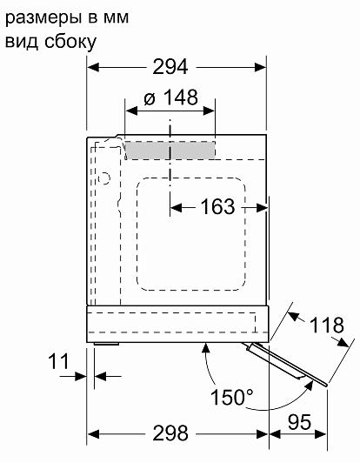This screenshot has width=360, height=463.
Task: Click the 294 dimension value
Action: coord(170,67)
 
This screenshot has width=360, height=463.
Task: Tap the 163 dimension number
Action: coord(217,206)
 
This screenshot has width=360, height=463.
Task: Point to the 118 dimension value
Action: coord(327,325)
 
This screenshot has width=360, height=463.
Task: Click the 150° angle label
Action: coord(231,397)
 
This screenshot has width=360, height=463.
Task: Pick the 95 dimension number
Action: coord(299,422)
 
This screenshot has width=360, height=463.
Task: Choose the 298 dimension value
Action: coord(170,433)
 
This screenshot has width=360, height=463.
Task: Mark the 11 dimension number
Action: coord(58,361)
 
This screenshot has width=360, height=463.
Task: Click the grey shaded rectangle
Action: coord(170,151)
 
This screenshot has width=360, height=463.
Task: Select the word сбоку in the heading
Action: coord(70,42)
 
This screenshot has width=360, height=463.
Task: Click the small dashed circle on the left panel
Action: coord(103,178)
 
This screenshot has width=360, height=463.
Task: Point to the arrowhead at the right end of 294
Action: coord(260,67)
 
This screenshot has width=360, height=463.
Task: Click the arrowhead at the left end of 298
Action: coord(93,434)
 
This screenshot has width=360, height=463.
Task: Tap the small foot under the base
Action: coord(107,344)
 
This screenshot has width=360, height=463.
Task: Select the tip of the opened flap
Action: coord(326,384)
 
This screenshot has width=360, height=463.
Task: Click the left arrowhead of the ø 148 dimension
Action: coord(131,111)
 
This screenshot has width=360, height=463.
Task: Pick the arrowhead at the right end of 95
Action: coord(321,434)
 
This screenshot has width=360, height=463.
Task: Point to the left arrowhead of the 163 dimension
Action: coord(177,208)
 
